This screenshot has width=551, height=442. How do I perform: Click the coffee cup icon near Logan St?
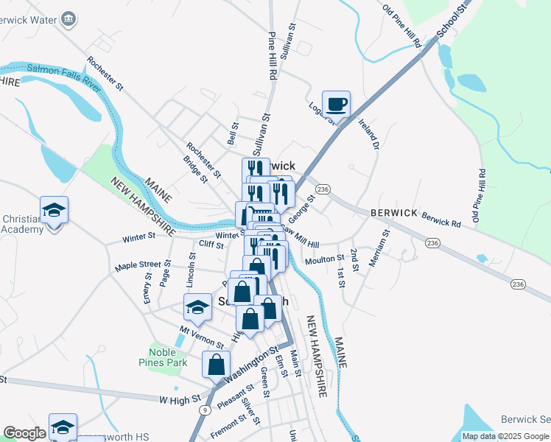point(337,104)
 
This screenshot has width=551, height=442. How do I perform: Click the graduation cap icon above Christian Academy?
point(54,211)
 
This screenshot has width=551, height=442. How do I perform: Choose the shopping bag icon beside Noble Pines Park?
point(216,364)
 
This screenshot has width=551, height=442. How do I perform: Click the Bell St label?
point(233,133)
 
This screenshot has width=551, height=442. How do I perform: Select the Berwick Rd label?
point(441,219)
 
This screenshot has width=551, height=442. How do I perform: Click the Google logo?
point(24,433)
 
